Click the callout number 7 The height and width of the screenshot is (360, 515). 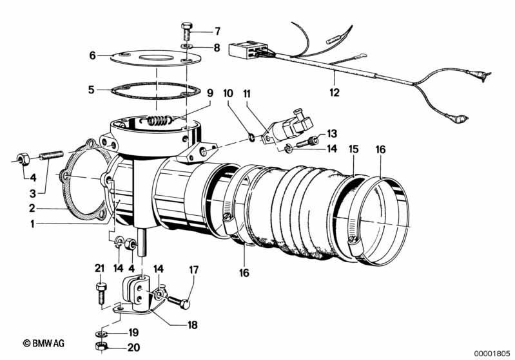217,32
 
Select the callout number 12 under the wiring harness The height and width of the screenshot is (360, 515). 334,93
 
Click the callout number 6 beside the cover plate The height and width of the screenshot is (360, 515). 93,55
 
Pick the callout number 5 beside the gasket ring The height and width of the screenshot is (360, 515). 92,90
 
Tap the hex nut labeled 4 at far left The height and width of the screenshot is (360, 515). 24,160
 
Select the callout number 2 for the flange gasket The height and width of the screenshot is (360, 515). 32,208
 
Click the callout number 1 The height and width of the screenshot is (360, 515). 32,225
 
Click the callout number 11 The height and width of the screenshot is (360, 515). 247,94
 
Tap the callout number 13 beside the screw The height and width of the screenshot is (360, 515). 332,133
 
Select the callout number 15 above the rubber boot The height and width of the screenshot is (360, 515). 353,149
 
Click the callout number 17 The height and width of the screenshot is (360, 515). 194,270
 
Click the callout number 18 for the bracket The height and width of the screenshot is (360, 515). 192,325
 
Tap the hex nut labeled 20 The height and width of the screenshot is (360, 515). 101,346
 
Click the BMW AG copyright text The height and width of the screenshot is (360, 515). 44,343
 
